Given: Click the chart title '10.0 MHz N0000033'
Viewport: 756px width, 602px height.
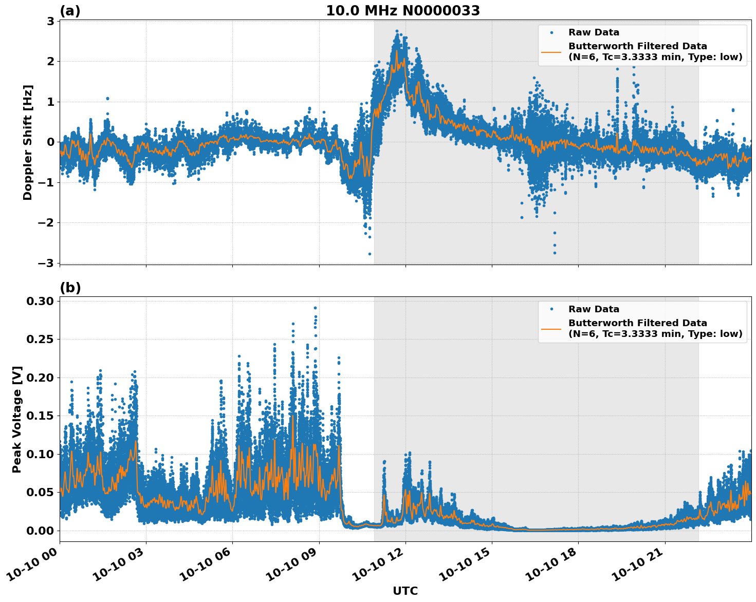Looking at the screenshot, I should point(403,11).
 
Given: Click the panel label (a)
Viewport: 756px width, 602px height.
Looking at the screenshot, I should point(70,11).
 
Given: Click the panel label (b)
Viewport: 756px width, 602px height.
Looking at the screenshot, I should point(70,288).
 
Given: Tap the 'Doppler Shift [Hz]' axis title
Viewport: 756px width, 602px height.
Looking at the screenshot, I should point(28,142).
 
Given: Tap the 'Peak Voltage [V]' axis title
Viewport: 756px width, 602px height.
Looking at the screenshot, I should point(17,419).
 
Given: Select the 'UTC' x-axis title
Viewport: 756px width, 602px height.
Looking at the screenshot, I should point(405,591).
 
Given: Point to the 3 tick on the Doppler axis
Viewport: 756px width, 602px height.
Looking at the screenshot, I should point(51,21).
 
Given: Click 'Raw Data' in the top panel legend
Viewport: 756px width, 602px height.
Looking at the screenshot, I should point(594,32).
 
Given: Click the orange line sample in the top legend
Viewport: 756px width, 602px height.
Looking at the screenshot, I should point(551,51).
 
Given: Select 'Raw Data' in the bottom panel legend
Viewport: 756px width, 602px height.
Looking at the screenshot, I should point(594,309).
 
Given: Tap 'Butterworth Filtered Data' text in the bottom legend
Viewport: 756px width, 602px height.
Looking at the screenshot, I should point(637,323).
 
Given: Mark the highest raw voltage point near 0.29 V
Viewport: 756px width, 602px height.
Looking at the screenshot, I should point(315,308).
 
